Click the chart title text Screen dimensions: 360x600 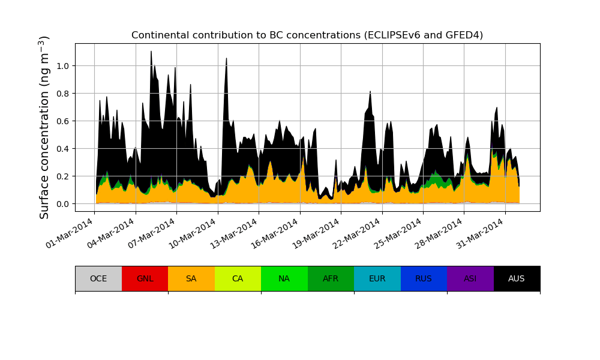click(x=307, y=35)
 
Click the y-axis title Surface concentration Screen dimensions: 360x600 click(x=44, y=127)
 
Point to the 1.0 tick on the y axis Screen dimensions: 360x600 click(x=62, y=66)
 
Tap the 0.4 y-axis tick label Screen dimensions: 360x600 click(x=62, y=149)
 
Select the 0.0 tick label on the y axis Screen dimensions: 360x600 click(x=62, y=204)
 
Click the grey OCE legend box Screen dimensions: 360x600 click(x=98, y=278)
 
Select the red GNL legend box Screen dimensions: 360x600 click(x=145, y=278)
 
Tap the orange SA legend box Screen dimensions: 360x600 click(x=191, y=278)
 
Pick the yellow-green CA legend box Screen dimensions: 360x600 click(x=238, y=278)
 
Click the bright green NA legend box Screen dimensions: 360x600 click(x=284, y=278)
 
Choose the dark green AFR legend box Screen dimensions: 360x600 click(x=331, y=278)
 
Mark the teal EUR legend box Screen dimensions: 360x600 click(x=377, y=278)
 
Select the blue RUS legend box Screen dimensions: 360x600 click(x=424, y=278)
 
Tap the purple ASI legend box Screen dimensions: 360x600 click(x=470, y=278)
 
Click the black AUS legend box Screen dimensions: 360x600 click(x=517, y=278)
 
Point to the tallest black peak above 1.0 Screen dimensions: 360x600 click(x=151, y=52)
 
